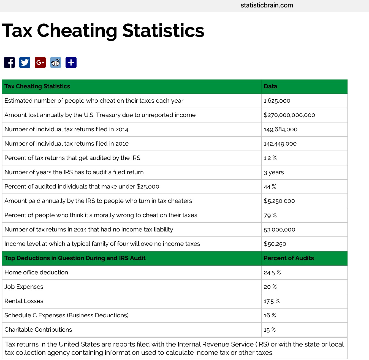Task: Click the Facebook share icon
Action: pyautogui.click(x=9, y=62)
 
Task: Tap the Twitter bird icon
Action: pyautogui.click(x=25, y=62)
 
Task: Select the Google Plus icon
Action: pyautogui.click(x=40, y=62)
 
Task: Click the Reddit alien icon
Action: pyautogui.click(x=56, y=62)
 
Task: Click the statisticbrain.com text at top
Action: pyautogui.click(x=267, y=5)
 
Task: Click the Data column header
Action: pyautogui.click(x=270, y=86)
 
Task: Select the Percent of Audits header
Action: pyautogui.click(x=289, y=258)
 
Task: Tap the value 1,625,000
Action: pyautogui.click(x=277, y=101)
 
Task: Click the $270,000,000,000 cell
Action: pyautogui.click(x=289, y=115)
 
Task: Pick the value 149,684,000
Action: pyautogui.click(x=280, y=129)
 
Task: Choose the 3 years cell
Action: pyautogui.click(x=273, y=172)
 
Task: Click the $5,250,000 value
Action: pyautogui.click(x=279, y=201)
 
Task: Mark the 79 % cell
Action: pyautogui.click(x=270, y=215)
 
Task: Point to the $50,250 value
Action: pyautogui.click(x=275, y=244)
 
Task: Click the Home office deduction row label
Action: pyautogui.click(x=36, y=272)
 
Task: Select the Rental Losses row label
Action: pyautogui.click(x=24, y=301)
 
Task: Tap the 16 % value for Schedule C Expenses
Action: pyautogui.click(x=270, y=315)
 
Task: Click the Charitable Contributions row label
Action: pyautogui.click(x=38, y=330)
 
